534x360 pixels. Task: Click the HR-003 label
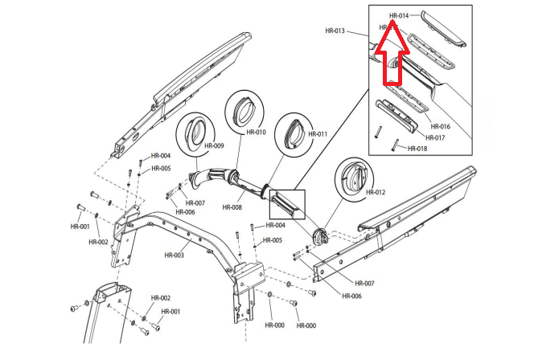coord(175,256)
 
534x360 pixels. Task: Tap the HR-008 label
coord(232,207)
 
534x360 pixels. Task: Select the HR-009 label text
coord(214,146)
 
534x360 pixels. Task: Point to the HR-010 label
coord(256,132)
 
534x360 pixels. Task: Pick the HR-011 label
coord(317,134)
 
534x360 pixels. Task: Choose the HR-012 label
coord(376,192)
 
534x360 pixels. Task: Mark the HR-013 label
coord(335,31)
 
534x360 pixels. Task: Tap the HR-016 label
coord(440,127)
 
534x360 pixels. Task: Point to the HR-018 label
coord(417,149)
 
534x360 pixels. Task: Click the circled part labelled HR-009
coord(194,133)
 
